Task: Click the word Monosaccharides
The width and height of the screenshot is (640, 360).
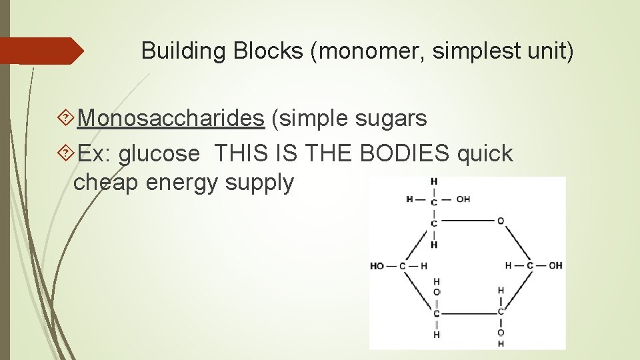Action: pyautogui.click(x=170, y=119)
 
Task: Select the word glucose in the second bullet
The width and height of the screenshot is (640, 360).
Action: pyautogui.click(x=159, y=154)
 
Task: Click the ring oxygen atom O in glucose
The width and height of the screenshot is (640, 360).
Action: pyautogui.click(x=500, y=221)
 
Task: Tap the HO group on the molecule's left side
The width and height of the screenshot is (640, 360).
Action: pyautogui.click(x=377, y=266)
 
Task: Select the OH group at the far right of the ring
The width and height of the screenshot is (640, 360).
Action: pyautogui.click(x=555, y=266)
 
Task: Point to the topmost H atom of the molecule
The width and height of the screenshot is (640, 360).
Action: pyautogui.click(x=434, y=181)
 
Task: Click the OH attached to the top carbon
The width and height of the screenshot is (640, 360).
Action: pyautogui.click(x=463, y=199)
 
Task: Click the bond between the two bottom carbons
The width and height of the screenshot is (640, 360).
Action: pyautogui.click(x=468, y=313)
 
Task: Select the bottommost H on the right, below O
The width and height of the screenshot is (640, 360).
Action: pyautogui.click(x=500, y=344)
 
